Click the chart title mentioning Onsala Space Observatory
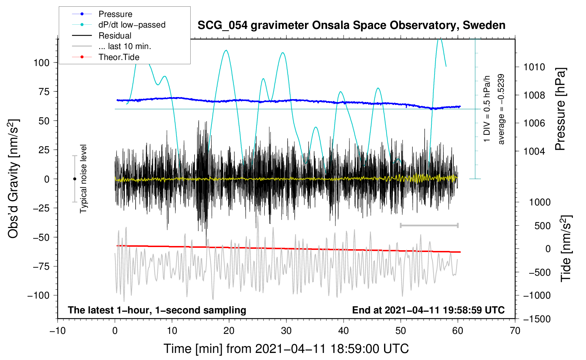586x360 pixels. tap(351, 25)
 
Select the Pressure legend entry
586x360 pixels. tap(115, 14)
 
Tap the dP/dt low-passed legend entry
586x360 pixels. tap(132, 25)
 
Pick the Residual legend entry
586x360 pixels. tap(115, 36)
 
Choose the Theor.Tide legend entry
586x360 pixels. tap(119, 57)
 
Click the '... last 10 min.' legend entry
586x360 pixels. tap(125, 46)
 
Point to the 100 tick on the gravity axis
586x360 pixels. tap(41, 63)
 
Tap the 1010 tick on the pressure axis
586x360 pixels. tap(534, 67)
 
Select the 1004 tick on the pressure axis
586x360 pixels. tap(534, 151)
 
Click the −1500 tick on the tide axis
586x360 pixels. tap(536, 319)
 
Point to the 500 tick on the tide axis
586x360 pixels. tap(542, 226)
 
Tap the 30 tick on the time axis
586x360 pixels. tap(286, 331)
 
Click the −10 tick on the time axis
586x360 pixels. tap(58, 331)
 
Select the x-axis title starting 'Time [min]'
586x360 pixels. tap(286, 349)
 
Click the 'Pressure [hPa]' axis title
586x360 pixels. tap(560, 109)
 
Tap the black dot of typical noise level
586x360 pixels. tap(74, 179)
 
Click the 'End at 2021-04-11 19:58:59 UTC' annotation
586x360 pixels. tap(428, 310)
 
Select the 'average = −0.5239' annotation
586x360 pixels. tap(501, 109)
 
